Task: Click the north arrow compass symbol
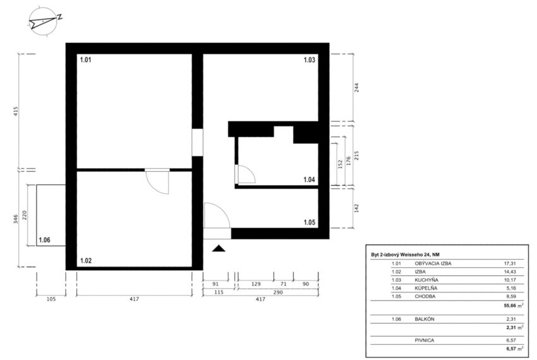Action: (43, 21)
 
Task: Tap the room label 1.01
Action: (86, 60)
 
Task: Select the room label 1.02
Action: (86, 261)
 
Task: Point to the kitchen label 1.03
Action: (310, 60)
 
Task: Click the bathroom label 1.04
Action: (310, 179)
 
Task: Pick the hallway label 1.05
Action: (310, 222)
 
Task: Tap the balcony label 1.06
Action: (44, 240)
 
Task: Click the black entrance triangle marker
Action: (219, 248)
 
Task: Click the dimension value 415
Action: (15, 112)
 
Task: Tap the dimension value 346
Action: (15, 219)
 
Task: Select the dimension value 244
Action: (356, 88)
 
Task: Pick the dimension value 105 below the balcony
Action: (51, 299)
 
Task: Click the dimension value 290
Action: (278, 292)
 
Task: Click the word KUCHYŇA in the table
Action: (426, 280)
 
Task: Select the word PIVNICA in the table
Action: (425, 340)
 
